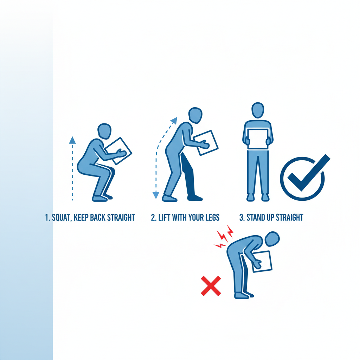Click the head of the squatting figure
tap(104, 131)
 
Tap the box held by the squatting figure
tap(119, 150)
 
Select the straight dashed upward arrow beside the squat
tap(72, 169)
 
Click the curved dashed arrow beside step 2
tap(160, 155)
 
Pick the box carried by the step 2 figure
tap(206, 143)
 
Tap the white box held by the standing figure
tap(258, 139)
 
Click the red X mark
tap(211, 286)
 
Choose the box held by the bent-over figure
tap(262, 261)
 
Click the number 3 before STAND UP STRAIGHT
tap(242, 217)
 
